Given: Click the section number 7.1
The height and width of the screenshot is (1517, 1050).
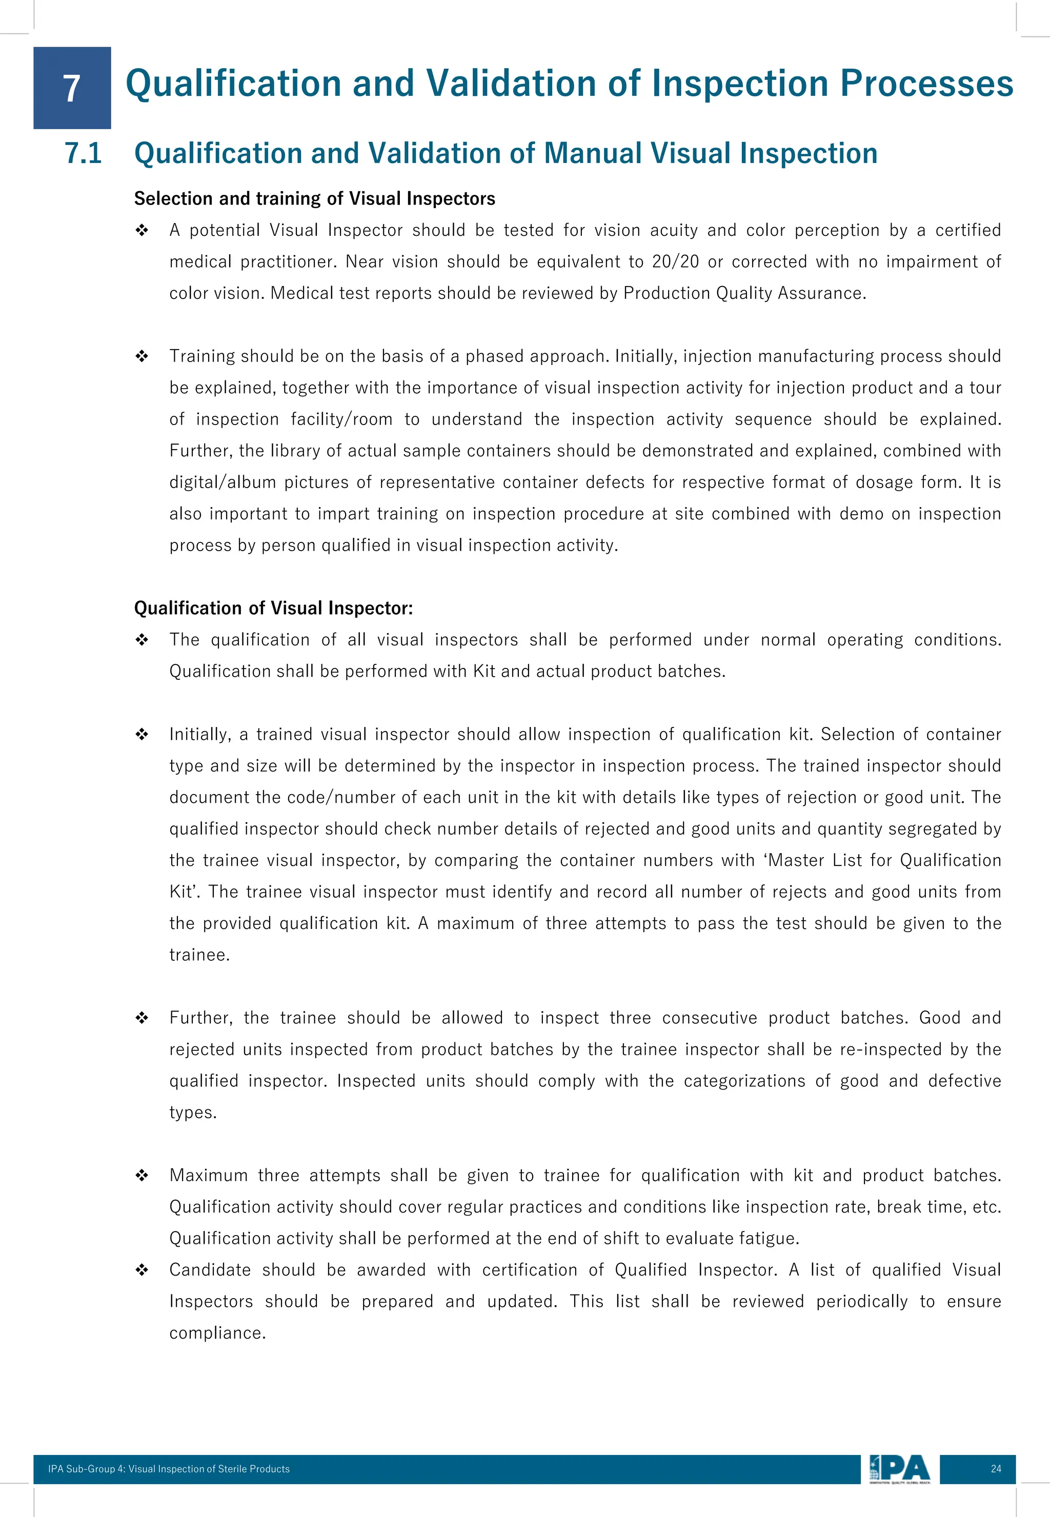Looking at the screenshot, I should click(84, 153).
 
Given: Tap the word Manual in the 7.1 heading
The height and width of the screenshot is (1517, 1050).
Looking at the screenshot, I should click(593, 153).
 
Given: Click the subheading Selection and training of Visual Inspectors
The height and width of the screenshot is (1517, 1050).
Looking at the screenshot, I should click(314, 199).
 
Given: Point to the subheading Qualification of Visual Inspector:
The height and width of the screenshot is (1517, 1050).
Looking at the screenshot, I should click(274, 608).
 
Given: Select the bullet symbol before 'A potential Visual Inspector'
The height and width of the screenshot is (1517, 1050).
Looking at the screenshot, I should click(142, 230).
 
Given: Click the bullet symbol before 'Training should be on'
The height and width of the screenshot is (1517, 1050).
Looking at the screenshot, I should click(142, 356).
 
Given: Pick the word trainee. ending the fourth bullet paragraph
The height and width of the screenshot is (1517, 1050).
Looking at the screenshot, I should click(199, 955).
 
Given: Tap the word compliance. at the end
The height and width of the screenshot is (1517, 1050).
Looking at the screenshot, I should click(217, 1333).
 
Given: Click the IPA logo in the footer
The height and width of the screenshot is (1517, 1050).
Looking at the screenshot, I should click(899, 1469).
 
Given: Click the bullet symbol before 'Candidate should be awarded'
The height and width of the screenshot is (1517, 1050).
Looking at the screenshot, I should click(142, 1270).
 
